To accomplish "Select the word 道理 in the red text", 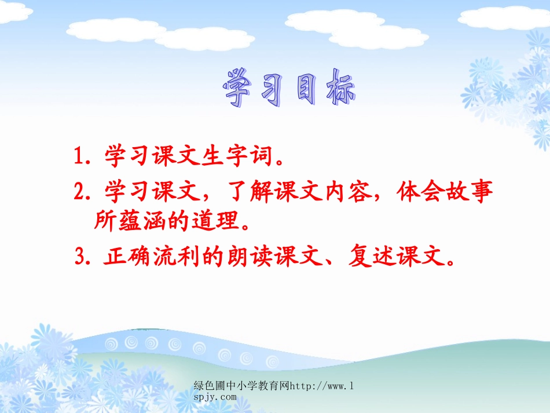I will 234,221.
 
